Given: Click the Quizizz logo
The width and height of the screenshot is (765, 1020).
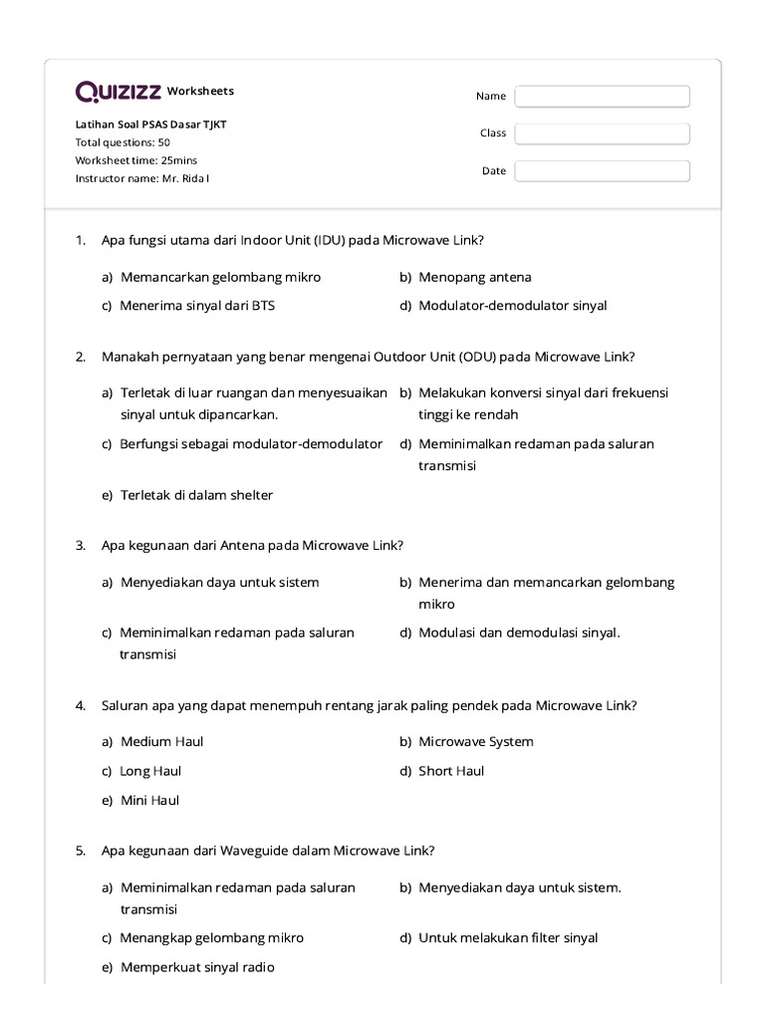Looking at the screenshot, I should pyautogui.click(x=118, y=92).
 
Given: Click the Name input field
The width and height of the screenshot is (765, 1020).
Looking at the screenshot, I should pyautogui.click(x=602, y=96).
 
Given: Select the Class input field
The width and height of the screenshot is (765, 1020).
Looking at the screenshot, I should pyautogui.click(x=602, y=133).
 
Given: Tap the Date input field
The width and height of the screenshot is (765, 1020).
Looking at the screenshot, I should pyautogui.click(x=602, y=171).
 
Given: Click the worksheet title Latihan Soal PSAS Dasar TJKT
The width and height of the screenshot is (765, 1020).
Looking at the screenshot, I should pyautogui.click(x=157, y=125).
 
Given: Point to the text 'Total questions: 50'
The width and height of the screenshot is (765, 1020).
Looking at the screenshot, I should pyautogui.click(x=123, y=142).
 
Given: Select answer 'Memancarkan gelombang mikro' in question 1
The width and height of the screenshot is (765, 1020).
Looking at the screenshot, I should pyautogui.click(x=220, y=277).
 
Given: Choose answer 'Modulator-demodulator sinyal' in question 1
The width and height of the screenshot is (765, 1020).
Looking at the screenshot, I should pyautogui.click(x=512, y=306).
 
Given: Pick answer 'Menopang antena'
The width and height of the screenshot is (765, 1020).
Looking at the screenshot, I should pyautogui.click(x=474, y=277).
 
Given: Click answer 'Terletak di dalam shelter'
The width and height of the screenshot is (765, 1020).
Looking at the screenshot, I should pyautogui.click(x=196, y=495).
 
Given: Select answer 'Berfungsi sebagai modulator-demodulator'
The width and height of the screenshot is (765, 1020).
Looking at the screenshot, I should pyautogui.click(x=251, y=444).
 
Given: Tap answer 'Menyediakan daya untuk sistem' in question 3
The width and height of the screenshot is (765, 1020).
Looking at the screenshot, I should pyautogui.click(x=219, y=583).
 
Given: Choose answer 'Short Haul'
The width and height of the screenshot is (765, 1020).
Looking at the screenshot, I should pyautogui.click(x=451, y=771).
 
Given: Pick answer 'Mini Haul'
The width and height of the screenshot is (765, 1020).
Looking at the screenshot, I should pyautogui.click(x=149, y=800).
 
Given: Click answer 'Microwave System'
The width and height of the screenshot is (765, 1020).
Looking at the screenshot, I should pyautogui.click(x=475, y=741).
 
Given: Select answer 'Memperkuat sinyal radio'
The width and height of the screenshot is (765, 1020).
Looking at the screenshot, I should pyautogui.click(x=197, y=967).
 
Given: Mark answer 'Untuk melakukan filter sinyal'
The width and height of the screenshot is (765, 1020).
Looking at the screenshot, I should pyautogui.click(x=508, y=937).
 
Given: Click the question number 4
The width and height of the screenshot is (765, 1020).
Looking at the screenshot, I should pyautogui.click(x=80, y=705).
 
